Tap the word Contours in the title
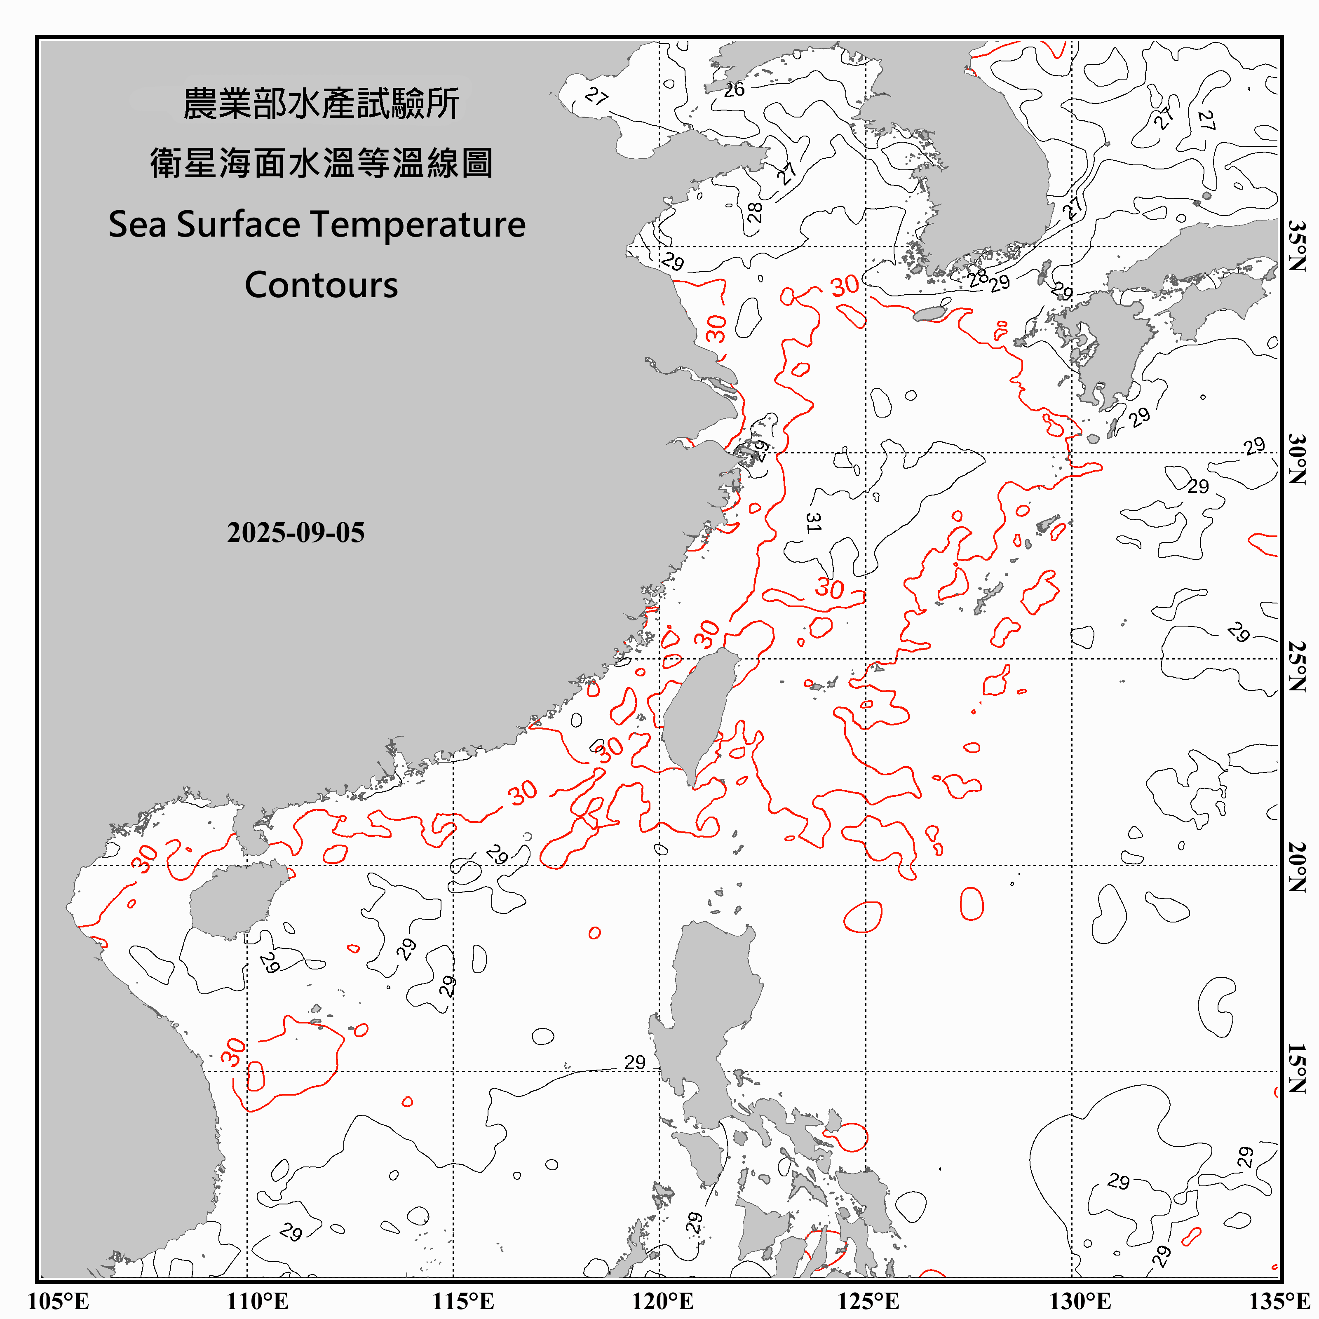pyautogui.click(x=321, y=285)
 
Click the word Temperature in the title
pyautogui.click(x=418, y=225)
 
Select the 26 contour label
pyautogui.click(x=734, y=89)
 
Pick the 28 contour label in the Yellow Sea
pyautogui.click(x=754, y=212)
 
